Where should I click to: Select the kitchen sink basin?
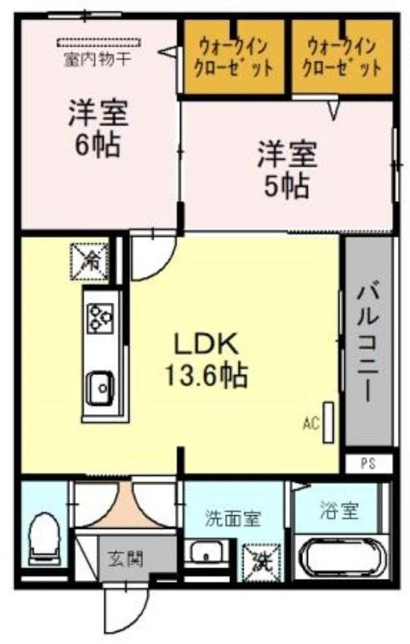coord(100,388)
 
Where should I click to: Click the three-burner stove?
coord(100,318)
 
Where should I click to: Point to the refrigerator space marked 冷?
coord(90,261)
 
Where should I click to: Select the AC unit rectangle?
coord(328,423)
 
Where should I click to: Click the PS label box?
coord(367,464)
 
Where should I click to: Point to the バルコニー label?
coord(367,343)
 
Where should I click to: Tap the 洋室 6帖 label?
coord(98,128)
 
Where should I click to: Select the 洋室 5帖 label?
coord(287,169)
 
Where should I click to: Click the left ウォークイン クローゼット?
coord(233,56)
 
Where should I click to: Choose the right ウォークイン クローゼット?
coord(342,56)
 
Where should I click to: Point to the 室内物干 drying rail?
coord(98,43)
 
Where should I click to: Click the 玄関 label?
coord(125,559)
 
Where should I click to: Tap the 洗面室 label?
coord(232,518)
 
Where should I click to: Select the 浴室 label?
coord(340,510)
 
